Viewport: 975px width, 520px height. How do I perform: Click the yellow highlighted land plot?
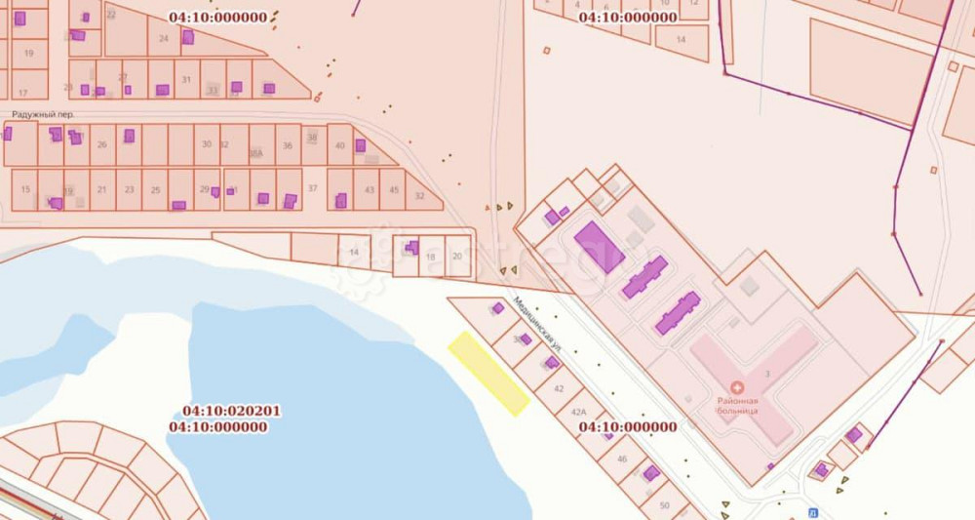point(488,374)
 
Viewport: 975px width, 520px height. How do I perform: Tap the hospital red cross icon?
point(737,387)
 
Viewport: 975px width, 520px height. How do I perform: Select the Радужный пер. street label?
point(43,114)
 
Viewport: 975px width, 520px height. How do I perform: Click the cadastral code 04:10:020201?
point(231,412)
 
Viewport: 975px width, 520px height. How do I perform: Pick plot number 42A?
point(578,414)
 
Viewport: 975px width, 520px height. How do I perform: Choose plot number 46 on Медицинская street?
point(621,458)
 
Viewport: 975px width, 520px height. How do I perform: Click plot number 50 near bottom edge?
point(664,505)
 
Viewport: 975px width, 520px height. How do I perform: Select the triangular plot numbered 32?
point(419,196)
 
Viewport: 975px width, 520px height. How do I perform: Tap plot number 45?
point(394,189)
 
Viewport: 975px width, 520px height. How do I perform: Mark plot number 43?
point(369,189)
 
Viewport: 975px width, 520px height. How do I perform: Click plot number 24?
point(163,38)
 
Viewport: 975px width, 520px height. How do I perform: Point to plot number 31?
point(185,79)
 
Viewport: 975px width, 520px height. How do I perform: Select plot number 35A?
point(255,153)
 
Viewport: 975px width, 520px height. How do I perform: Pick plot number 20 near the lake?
point(458,256)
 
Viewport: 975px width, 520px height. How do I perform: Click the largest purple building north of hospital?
point(599,246)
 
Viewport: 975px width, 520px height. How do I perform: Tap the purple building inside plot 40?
point(360,145)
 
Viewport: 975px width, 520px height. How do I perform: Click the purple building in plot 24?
point(187,37)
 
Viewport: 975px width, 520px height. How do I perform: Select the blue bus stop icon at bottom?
point(811,512)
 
